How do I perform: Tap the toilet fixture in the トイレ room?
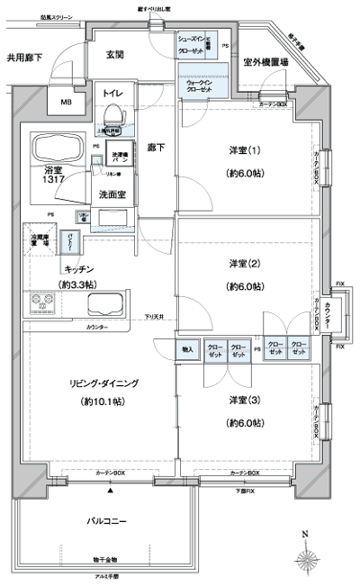click(x=113, y=114)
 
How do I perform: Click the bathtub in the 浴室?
click(x=57, y=148)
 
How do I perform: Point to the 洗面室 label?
click(x=112, y=194)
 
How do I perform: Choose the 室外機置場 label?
click(x=265, y=63)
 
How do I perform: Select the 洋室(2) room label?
click(x=245, y=263)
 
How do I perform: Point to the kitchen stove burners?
click(x=41, y=304)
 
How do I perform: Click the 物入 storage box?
click(x=187, y=348)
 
